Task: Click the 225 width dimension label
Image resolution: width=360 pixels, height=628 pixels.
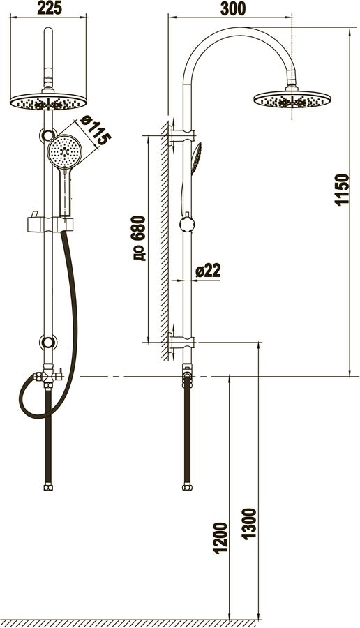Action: coord(50,8)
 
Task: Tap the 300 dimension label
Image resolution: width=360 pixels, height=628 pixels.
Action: coord(233,8)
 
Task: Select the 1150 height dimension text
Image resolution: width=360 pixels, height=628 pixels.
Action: coord(342,189)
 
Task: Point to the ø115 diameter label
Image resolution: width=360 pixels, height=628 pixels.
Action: coord(94,130)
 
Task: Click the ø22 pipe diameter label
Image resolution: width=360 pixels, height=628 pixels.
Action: coord(208,271)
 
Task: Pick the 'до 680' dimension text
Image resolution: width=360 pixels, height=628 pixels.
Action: coord(139,239)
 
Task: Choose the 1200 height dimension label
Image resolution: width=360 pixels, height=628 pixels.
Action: coord(220,538)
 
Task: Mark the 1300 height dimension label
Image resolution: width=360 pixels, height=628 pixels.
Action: coord(249,524)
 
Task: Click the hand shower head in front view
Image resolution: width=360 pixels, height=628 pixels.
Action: coord(64,151)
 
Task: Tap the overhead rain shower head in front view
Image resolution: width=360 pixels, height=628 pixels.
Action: coord(48,101)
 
